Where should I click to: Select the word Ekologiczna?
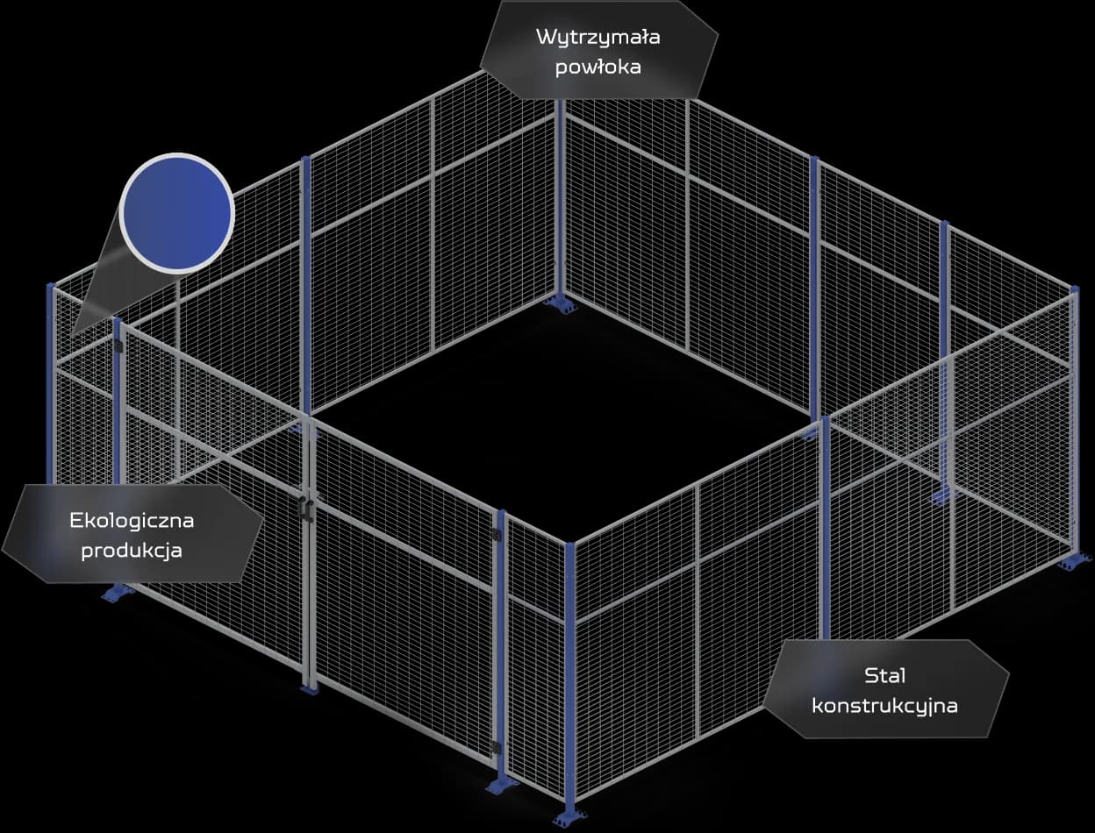132,521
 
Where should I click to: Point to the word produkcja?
132,551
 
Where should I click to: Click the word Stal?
884,676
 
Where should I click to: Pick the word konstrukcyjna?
884,705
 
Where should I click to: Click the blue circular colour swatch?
176,213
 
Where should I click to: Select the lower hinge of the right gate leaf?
497,747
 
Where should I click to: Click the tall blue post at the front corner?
570,675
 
